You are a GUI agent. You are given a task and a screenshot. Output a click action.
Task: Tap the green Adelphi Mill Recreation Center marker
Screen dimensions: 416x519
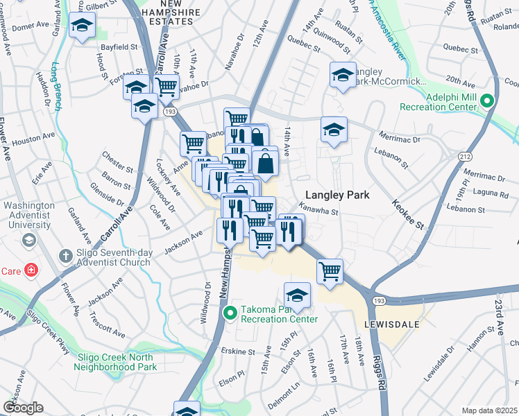(488, 101)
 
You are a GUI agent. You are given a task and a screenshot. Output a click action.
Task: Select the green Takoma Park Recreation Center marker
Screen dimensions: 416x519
(232, 314)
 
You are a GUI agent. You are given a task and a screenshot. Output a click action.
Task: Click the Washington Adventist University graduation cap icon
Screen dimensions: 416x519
(29, 240)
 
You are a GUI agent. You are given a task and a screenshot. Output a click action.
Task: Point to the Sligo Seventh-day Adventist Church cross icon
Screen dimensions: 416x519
(67, 257)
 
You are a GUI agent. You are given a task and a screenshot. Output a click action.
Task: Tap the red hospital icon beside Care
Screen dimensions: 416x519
(31, 270)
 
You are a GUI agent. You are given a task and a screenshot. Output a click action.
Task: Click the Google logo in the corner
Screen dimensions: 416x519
(23, 408)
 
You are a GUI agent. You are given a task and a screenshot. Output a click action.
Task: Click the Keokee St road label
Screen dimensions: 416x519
(409, 216)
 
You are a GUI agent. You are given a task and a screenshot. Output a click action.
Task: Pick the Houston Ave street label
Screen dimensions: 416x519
(34, 139)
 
